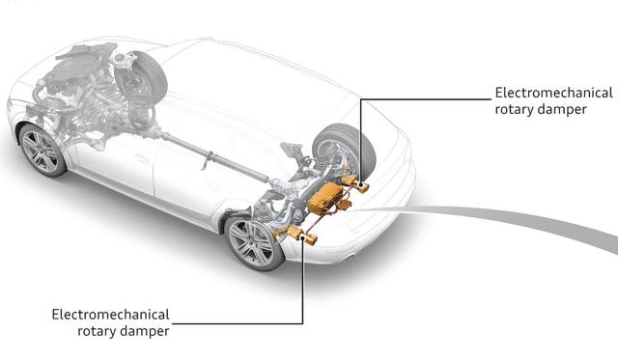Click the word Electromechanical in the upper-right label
553,93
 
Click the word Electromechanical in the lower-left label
110,315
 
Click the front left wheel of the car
42,150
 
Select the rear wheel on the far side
344,149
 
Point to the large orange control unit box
325,198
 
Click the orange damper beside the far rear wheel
355,183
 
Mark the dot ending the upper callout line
360,184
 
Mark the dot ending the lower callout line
302,237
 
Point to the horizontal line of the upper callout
426,99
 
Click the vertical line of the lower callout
302,282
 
